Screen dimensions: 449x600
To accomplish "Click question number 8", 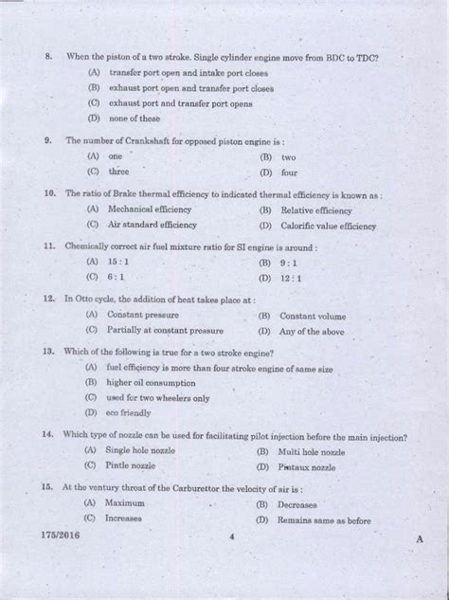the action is [x=47, y=58].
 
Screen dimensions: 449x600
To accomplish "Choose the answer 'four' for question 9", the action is [x=289, y=173].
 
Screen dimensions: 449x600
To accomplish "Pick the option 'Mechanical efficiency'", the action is [x=150, y=209].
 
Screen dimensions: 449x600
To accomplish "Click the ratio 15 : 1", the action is [x=119, y=262].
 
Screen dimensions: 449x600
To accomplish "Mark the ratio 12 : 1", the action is [x=290, y=279].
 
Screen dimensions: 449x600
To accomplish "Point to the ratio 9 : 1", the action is [x=288, y=263].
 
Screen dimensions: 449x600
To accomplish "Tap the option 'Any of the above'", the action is [x=313, y=332].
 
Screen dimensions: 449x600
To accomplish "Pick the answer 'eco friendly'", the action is [x=128, y=412].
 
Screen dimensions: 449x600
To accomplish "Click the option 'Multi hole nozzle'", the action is [x=312, y=452].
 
